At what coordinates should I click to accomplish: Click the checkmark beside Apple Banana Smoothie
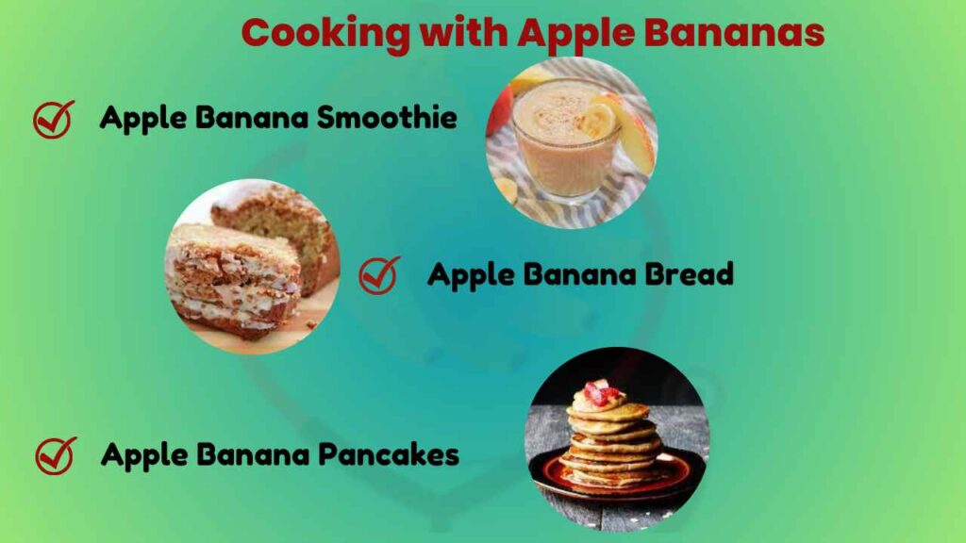coord(54,120)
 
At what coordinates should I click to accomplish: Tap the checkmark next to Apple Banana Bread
coord(379,275)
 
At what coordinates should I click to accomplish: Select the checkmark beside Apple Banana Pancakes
coord(55,455)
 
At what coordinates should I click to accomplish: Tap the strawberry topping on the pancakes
coord(600,392)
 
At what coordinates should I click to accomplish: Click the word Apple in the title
coord(568,34)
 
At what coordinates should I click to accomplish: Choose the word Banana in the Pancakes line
coord(252,454)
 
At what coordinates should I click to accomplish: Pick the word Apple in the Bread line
coord(469,274)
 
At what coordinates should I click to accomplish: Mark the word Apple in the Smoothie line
coord(142,118)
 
